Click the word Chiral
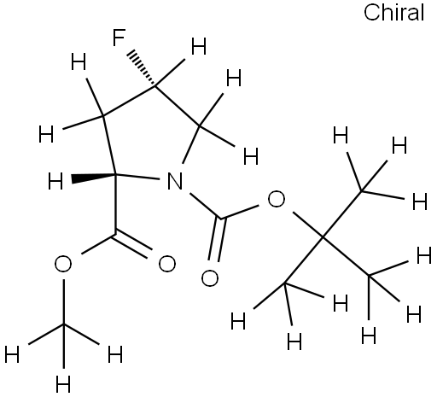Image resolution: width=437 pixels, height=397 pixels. (x=394, y=13)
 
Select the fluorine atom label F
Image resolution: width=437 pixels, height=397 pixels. (x=119, y=38)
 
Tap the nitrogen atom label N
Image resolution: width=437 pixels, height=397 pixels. (x=175, y=181)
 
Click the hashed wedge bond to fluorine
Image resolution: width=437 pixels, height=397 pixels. (x=141, y=68)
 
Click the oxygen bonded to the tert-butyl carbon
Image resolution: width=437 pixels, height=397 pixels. (x=277, y=199)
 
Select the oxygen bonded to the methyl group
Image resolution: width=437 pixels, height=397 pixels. (x=63, y=264)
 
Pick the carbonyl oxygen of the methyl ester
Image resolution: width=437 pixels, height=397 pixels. (x=167, y=264)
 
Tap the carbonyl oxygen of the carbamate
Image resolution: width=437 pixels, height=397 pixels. (x=210, y=277)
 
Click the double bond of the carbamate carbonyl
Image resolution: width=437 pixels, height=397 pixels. (x=217, y=240)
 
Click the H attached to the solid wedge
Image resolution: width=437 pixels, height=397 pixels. (x=55, y=182)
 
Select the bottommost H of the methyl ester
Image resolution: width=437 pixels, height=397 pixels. (x=63, y=384)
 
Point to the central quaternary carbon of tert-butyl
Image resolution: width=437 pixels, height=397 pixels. (x=323, y=236)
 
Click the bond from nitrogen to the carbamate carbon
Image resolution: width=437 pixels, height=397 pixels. (x=206, y=206)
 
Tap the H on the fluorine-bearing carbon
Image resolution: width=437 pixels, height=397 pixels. (x=199, y=46)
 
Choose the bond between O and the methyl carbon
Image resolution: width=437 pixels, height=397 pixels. (x=64, y=301)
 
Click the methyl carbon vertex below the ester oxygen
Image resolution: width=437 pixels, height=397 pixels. (x=64, y=324)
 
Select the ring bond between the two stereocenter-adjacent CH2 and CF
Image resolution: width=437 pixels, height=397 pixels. (x=129, y=101)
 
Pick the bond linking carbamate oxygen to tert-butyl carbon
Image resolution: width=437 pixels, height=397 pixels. (x=308, y=225)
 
